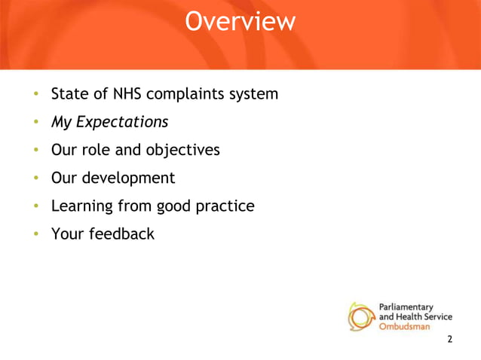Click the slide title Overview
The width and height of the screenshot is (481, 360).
click(240, 22)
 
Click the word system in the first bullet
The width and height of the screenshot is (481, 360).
click(256, 95)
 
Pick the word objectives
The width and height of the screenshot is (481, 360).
click(183, 150)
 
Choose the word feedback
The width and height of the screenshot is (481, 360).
click(121, 233)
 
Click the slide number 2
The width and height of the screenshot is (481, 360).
click(450, 340)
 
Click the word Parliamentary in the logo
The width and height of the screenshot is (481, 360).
click(405, 307)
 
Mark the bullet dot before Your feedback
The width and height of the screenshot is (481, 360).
click(35, 234)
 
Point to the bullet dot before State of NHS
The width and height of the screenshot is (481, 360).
click(35, 95)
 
